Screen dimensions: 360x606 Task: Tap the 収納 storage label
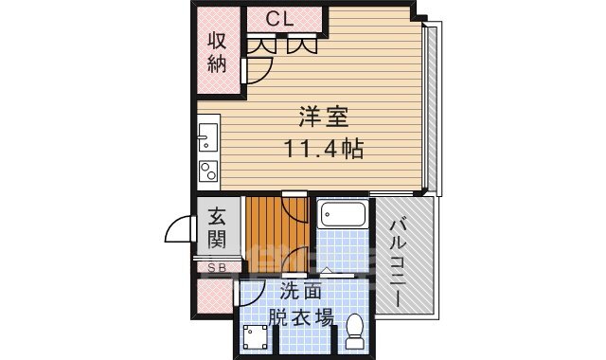(218, 52)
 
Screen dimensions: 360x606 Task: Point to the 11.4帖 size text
(325, 149)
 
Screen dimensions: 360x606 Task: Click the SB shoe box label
(217, 268)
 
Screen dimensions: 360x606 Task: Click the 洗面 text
(301, 293)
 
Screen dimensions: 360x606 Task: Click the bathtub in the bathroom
(342, 215)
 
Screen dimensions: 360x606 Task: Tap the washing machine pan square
(255, 338)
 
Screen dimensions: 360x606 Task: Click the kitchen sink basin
(207, 142)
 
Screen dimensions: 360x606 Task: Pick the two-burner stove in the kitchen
(207, 171)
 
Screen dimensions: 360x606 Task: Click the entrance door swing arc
(180, 231)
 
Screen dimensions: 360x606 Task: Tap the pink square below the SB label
(215, 296)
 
